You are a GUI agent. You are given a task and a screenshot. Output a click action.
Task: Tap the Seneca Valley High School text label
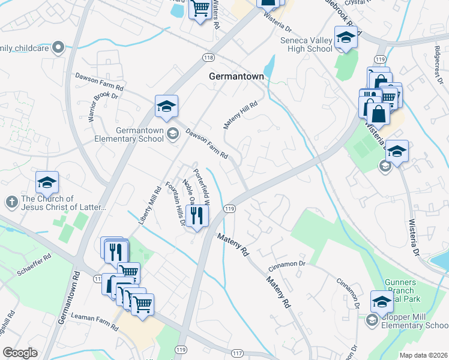(298, 44)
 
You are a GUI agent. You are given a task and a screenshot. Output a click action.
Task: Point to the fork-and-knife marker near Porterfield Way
(197, 215)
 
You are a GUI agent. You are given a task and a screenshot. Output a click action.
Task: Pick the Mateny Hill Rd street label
(240, 113)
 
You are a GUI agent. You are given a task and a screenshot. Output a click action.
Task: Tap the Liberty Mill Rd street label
(150, 205)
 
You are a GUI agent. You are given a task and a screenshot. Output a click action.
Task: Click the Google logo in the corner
(20, 352)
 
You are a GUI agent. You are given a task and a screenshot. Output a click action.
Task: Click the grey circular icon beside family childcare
(58, 47)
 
